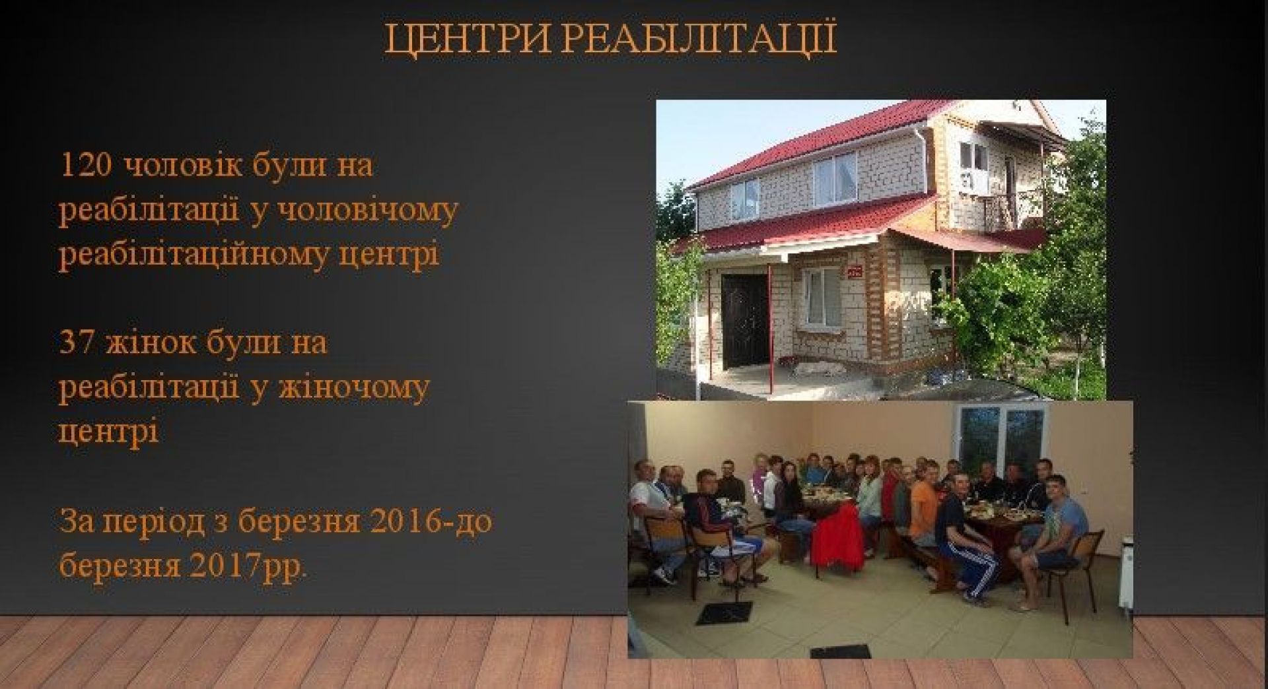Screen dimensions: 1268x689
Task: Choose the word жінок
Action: [x=150, y=343]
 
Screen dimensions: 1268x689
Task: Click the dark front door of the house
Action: [x=744, y=323]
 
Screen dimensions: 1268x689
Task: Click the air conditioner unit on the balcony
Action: [x=975, y=182]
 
